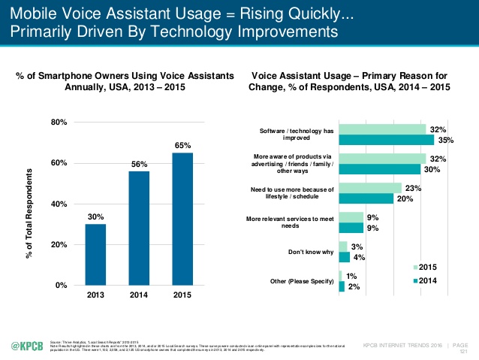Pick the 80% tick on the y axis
coord(58,122)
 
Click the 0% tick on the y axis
coord(61,286)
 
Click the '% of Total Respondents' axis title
coord(29,204)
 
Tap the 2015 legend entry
coord(427,268)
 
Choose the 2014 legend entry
coord(427,280)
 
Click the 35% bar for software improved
coord(387,140)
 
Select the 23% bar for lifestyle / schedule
coord(370,188)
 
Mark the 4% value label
coord(359,258)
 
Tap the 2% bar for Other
coord(342,286)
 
